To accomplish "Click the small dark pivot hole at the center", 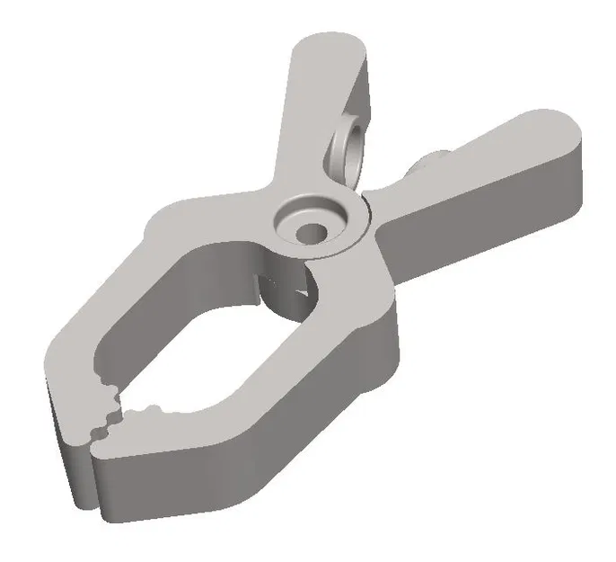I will [313, 232].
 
